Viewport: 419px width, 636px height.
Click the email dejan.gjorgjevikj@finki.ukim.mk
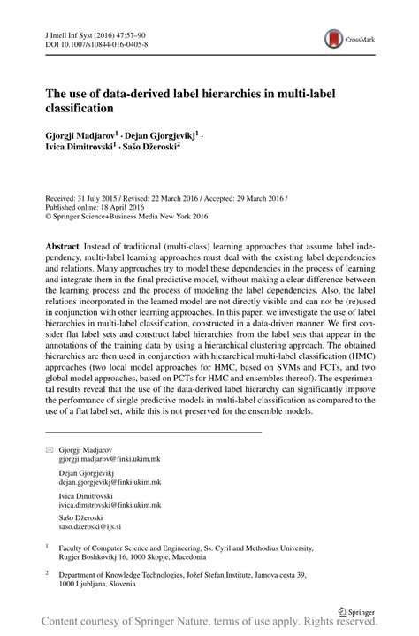pyautogui.click(x=110, y=483)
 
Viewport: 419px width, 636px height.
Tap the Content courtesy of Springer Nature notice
pyautogui.click(x=209, y=624)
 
